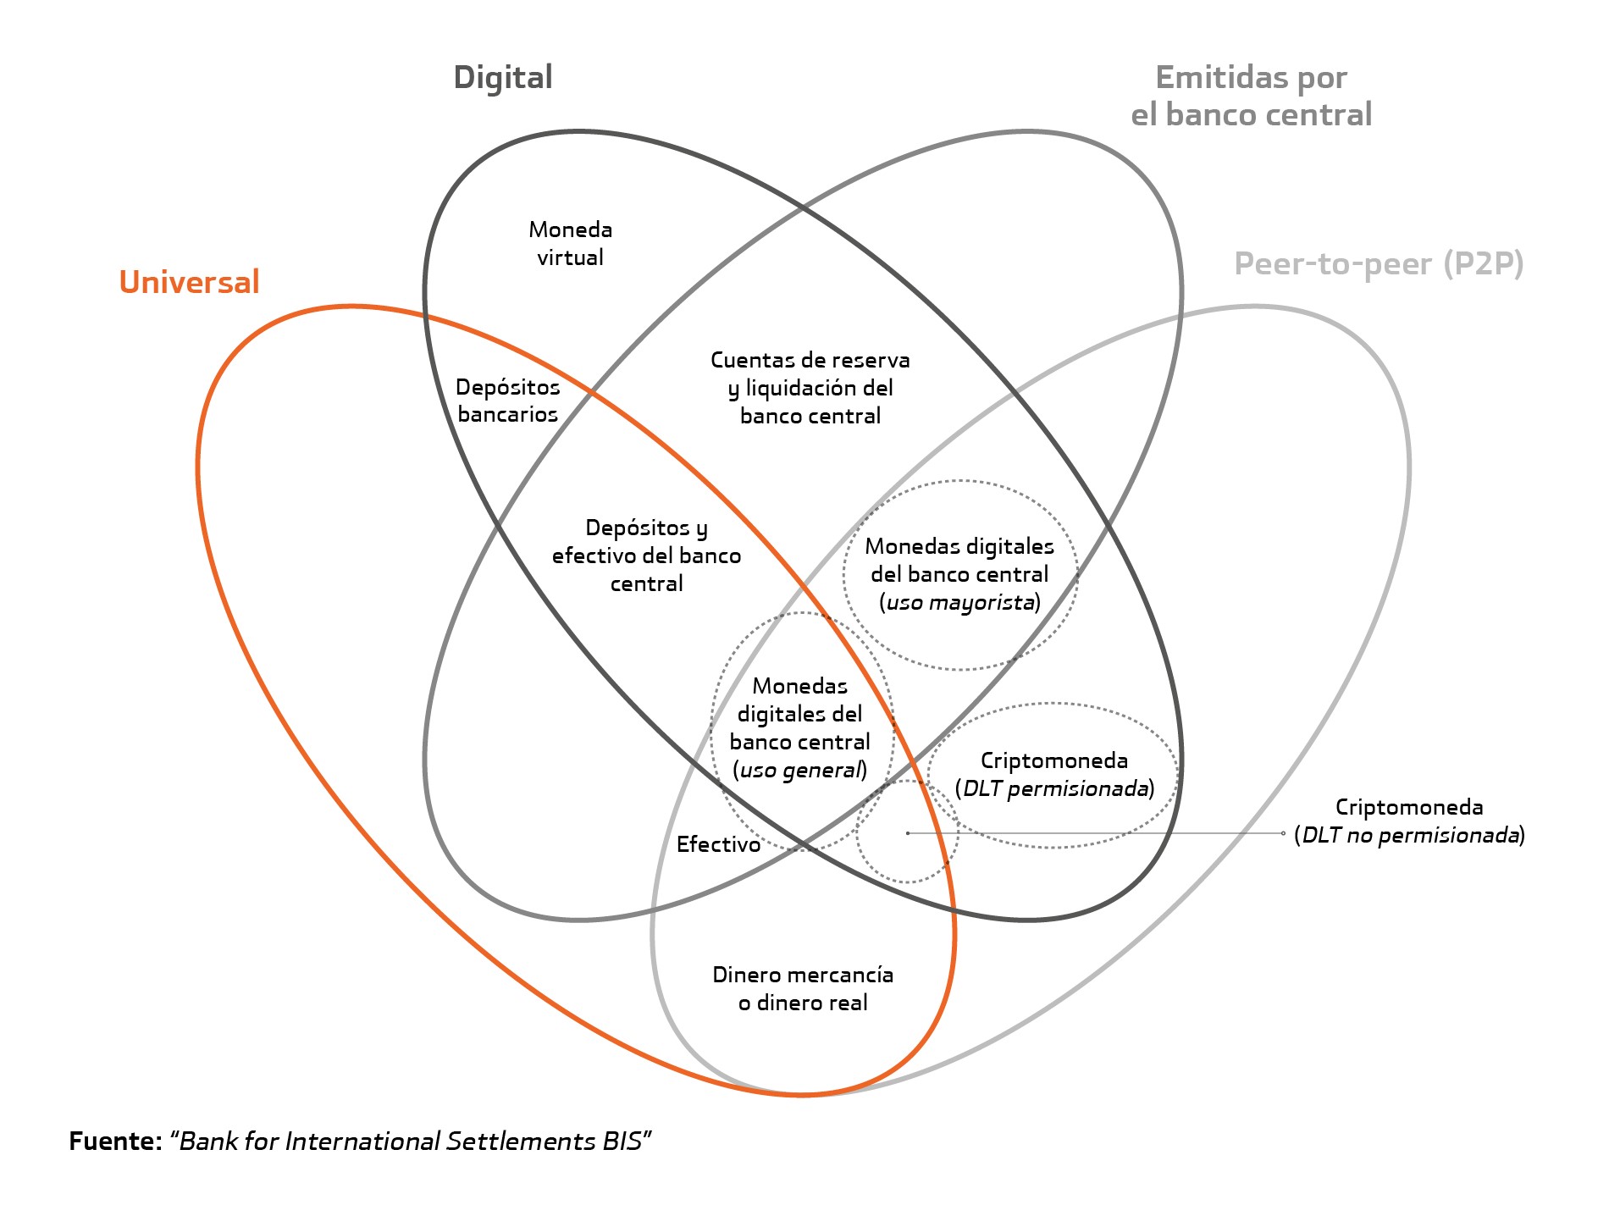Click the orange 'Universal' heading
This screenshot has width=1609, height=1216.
pos(189,282)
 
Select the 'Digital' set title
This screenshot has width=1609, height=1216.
pos(503,78)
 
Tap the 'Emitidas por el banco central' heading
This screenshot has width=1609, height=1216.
pos(1251,96)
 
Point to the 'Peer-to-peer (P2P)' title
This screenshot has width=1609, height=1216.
pos(1379,264)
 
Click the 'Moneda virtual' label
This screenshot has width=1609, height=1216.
pos(570,243)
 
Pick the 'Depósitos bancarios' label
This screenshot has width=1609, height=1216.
pos(507,401)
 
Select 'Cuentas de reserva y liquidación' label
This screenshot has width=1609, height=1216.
pos(810,388)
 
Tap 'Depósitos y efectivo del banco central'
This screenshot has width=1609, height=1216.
pos(646,555)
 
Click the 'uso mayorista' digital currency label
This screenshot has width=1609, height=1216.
pos(959,574)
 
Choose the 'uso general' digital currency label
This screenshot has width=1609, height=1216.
pos(800,728)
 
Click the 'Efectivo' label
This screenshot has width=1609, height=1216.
pos(718,844)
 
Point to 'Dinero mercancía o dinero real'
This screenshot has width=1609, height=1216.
pos(803,989)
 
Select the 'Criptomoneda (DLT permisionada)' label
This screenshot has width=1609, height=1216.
pos(1054,775)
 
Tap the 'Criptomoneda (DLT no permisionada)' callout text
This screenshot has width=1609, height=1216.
pos(1409,821)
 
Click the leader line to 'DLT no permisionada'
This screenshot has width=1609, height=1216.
pos(1096,833)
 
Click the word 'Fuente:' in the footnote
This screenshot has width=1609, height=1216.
pos(115,1141)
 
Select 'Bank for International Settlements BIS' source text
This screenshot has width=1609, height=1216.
pos(411,1141)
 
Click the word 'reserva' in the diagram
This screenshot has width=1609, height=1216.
pos(871,361)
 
